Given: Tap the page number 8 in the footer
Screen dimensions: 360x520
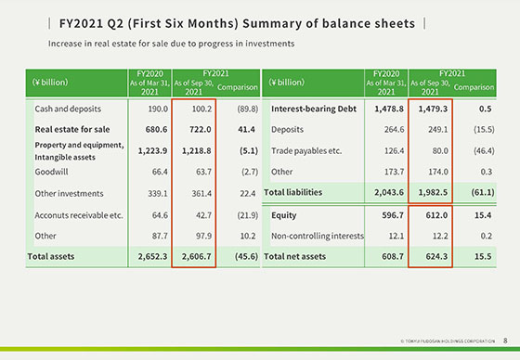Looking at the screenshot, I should pos(504,341).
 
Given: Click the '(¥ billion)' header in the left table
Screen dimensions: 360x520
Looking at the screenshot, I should pos(50,82).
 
